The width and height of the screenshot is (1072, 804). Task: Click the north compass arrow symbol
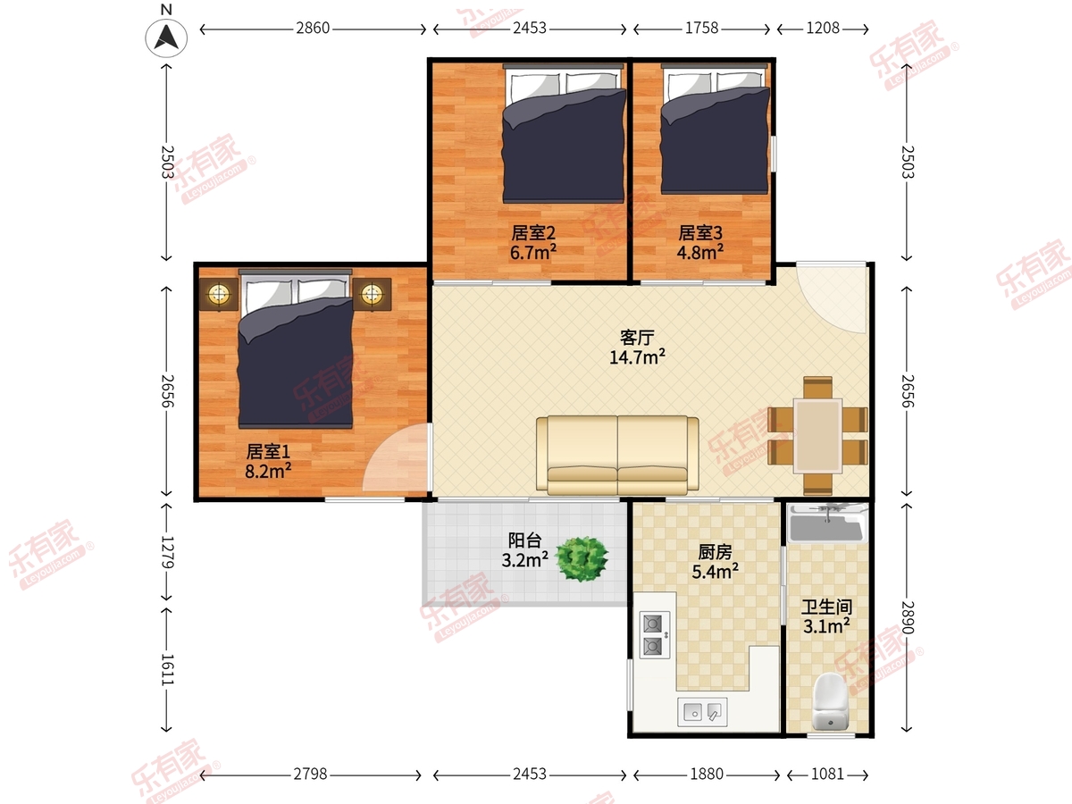pos(166,38)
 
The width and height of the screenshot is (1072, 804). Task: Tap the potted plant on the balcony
pos(582,559)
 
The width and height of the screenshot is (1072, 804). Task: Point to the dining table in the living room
pos(817,436)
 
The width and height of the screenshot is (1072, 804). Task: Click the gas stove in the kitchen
pos(655,634)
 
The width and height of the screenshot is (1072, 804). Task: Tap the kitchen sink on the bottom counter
pos(702,712)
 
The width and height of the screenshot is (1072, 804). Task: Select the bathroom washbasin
pos(827,523)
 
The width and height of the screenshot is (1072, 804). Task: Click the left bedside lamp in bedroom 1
pos(218,294)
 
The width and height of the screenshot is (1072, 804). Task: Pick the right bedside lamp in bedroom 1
pos(373,294)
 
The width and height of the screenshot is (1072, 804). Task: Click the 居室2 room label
pos(533,233)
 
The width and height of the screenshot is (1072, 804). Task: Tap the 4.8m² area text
pos(699,253)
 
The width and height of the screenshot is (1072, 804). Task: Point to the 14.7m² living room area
pos(637,356)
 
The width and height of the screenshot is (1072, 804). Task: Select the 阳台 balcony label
pos(524,540)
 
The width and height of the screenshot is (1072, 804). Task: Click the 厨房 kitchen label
pos(715,552)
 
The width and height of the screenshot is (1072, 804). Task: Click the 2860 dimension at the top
pos(313,29)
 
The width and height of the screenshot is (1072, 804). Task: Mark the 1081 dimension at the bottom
pos(827,775)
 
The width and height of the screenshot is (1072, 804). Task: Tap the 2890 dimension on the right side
pos(908,617)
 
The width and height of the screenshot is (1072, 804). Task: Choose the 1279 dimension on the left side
pos(167,552)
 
